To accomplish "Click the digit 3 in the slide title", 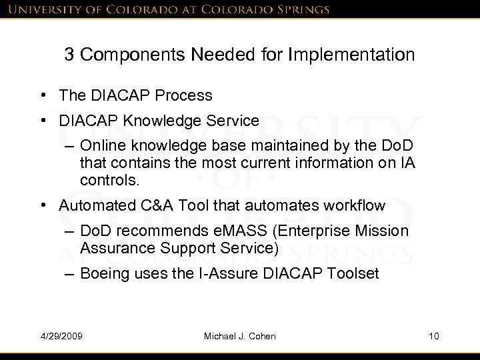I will [x=69, y=55].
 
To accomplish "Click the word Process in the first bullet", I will [x=188, y=95].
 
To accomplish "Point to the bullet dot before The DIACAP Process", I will [x=43, y=96].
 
